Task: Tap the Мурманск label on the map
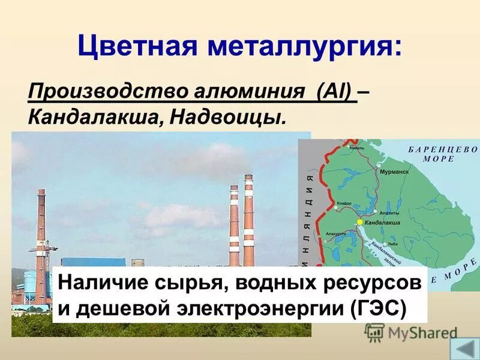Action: [394, 172]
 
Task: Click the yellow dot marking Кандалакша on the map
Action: [360, 222]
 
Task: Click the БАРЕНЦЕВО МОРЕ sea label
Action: [443, 154]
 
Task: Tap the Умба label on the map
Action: [392, 244]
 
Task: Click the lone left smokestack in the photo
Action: [41, 234]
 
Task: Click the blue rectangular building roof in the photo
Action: [93, 263]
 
